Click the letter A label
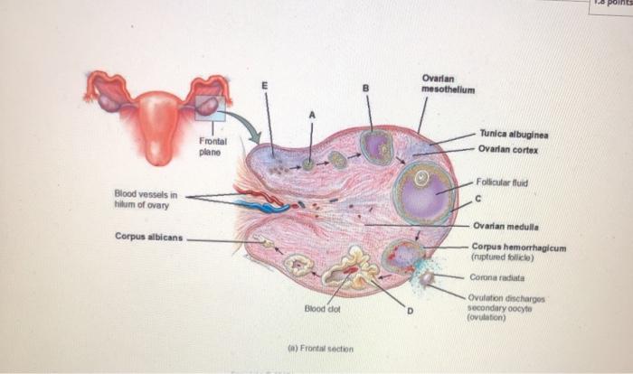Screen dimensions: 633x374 [313, 115]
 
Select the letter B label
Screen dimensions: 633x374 [366, 88]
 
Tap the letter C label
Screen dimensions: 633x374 [477, 199]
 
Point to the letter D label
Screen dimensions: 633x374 [409, 312]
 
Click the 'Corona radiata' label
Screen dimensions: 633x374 [496, 278]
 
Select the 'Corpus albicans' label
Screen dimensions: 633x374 [146, 237]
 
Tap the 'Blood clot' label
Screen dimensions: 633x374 [323, 310]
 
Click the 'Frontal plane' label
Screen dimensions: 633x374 [213, 146]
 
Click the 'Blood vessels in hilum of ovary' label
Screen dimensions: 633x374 [146, 198]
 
